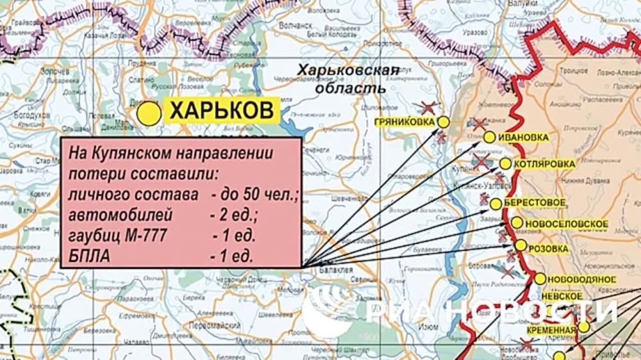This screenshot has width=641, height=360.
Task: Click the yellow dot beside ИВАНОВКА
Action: [x=490, y=136]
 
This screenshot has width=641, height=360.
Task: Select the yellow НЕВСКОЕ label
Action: [x=562, y=296]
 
